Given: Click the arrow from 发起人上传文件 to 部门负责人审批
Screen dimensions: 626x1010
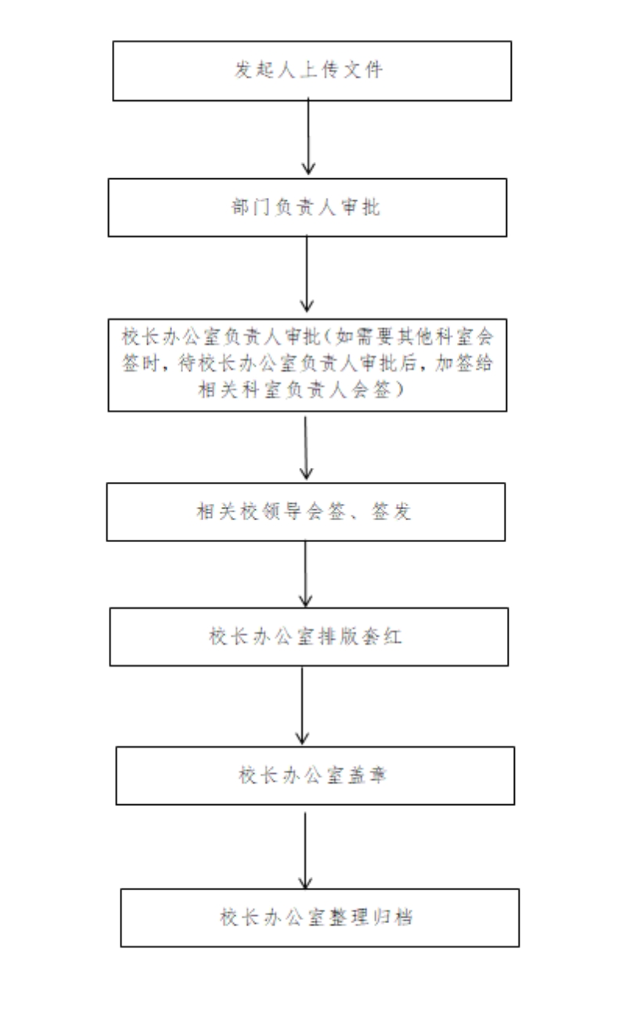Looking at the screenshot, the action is click(308, 136).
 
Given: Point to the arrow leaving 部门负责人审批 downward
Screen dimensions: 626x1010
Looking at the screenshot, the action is click(307, 273).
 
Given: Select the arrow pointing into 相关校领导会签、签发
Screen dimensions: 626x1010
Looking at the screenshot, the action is click(306, 447).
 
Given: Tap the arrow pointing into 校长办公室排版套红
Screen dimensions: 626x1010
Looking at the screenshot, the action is click(305, 573).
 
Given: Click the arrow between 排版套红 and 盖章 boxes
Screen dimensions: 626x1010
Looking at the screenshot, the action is click(302, 706).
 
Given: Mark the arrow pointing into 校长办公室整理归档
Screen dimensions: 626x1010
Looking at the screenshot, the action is click(305, 850).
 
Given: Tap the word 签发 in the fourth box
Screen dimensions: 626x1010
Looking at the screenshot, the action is click(391, 512).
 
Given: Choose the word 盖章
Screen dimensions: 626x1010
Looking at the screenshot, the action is click(368, 775).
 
